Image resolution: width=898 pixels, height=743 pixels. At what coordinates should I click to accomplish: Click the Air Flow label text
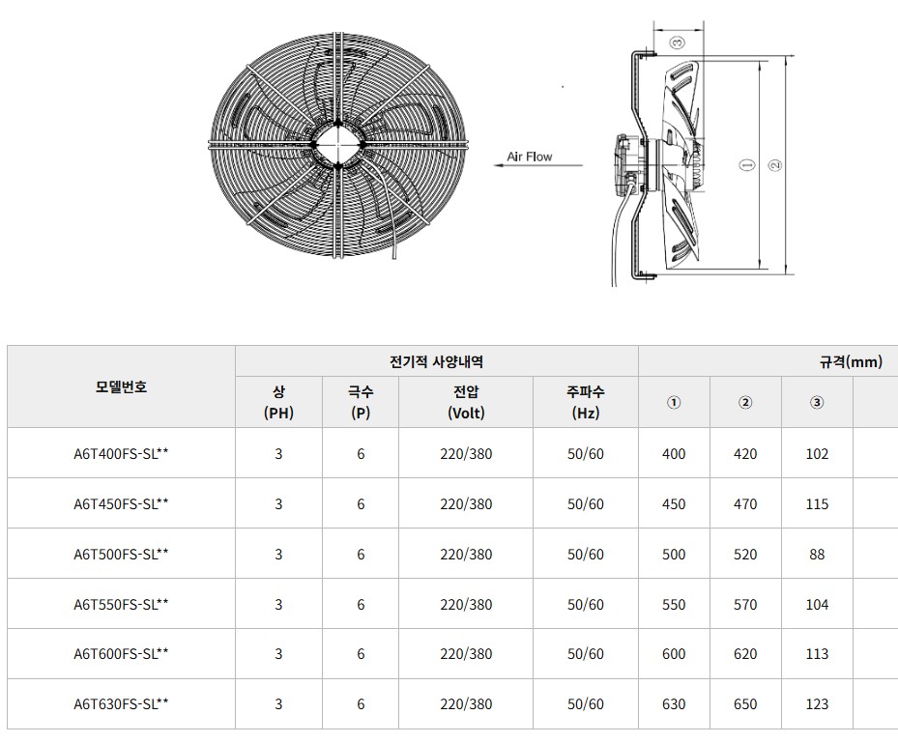pyautogui.click(x=529, y=157)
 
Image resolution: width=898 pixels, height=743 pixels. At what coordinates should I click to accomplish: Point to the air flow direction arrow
pyautogui.click(x=538, y=166)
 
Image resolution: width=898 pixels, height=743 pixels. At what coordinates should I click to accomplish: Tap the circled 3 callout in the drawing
pyautogui.click(x=678, y=43)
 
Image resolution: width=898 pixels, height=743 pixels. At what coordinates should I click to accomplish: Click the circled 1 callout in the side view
pyautogui.click(x=747, y=165)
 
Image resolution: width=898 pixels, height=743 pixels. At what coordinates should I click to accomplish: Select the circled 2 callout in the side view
pyautogui.click(x=775, y=165)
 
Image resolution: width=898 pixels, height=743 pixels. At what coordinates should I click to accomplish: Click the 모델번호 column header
pyautogui.click(x=122, y=386)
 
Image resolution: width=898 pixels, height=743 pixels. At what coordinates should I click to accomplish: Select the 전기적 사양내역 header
pyautogui.click(x=436, y=361)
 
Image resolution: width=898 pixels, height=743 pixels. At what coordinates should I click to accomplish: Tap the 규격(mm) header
pyautogui.click(x=851, y=361)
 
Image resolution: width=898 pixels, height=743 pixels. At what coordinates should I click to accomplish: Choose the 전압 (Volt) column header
pyautogui.click(x=466, y=402)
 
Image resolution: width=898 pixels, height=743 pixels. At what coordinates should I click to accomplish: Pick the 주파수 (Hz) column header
pyautogui.click(x=586, y=402)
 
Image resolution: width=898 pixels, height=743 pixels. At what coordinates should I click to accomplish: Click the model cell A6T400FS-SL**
pyautogui.click(x=122, y=454)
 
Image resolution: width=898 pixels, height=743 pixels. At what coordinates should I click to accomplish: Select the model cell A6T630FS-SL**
pyautogui.click(x=122, y=704)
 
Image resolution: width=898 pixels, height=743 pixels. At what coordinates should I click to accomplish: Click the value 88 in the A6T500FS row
pyautogui.click(x=817, y=554)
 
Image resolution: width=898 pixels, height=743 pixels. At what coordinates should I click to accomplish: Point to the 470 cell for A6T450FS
pyautogui.click(x=745, y=504)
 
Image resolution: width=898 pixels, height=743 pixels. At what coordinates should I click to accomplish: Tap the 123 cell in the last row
pyautogui.click(x=817, y=704)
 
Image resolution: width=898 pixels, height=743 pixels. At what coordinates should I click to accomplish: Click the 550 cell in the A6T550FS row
pyautogui.click(x=674, y=605)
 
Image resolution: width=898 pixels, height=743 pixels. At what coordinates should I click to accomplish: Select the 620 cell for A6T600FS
pyautogui.click(x=745, y=654)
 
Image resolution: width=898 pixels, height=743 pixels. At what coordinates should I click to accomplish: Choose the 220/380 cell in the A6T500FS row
pyautogui.click(x=466, y=554)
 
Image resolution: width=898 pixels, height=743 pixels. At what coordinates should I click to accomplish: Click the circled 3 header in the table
pyautogui.click(x=817, y=402)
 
